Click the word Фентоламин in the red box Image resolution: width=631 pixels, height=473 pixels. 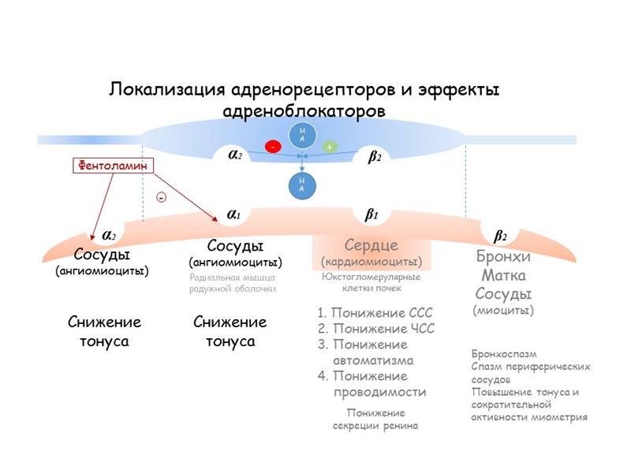pyautogui.click(x=112, y=166)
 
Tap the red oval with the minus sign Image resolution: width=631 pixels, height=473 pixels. pyautogui.click(x=273, y=147)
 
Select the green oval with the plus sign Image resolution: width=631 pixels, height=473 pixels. pyautogui.click(x=329, y=147)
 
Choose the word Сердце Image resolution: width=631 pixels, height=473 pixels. pyautogui.click(x=372, y=245)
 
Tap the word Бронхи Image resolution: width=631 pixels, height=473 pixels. pyautogui.click(x=504, y=257)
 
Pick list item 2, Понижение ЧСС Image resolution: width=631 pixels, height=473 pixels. pyautogui.click(x=376, y=329)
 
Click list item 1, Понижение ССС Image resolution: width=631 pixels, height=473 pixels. pyautogui.click(x=375, y=312)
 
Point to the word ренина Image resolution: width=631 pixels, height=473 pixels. pyautogui.click(x=399, y=426)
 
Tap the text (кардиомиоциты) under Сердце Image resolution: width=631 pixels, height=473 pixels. pyautogui.click(x=372, y=261)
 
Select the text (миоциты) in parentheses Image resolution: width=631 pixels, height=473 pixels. pyautogui.click(x=503, y=311)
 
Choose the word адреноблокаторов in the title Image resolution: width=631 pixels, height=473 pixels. pyautogui.click(x=305, y=110)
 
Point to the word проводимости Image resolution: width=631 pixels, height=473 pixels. pyautogui.click(x=380, y=392)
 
